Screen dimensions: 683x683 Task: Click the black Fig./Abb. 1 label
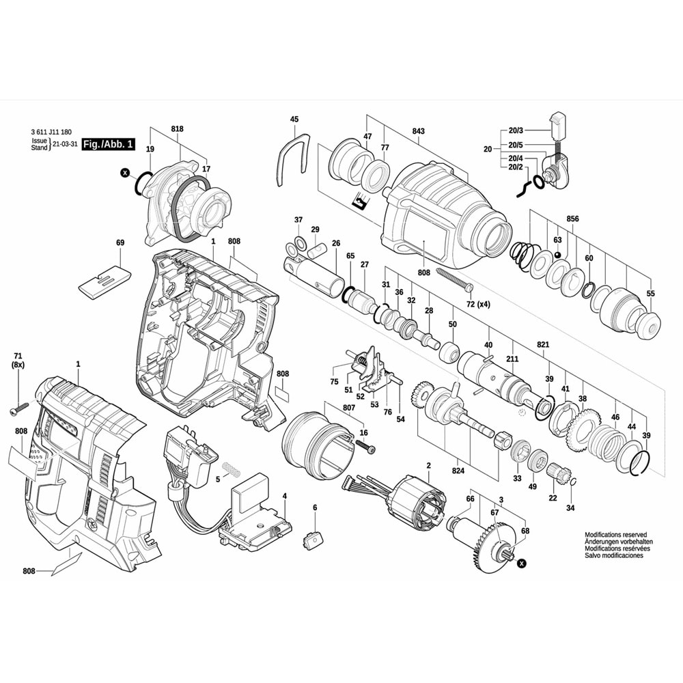click(x=108, y=144)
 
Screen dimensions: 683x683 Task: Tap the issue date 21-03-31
click(x=65, y=145)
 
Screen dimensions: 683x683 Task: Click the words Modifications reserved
click(x=615, y=535)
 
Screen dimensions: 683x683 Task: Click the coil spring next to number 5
click(x=232, y=471)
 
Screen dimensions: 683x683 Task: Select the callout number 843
click(x=418, y=132)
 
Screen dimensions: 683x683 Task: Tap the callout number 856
click(x=572, y=219)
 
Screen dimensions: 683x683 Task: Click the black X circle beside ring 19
click(x=124, y=173)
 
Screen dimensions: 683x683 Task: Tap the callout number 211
click(x=512, y=359)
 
